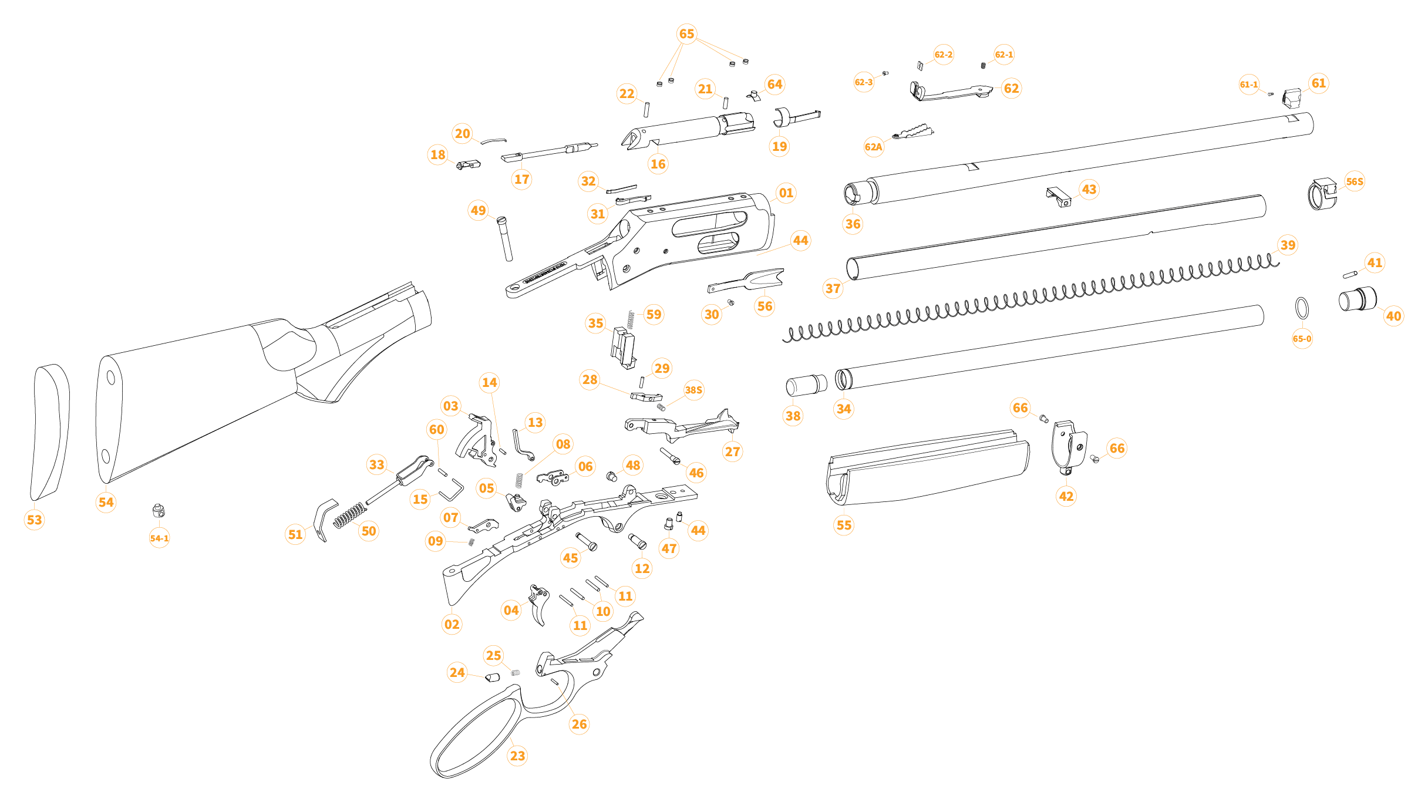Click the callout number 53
pos(34,520)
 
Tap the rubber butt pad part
pos(50,432)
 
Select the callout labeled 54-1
pos(159,538)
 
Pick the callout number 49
pos(478,210)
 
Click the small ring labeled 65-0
pos(1302,308)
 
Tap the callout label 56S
pos(1354,181)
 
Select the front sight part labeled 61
pos(1291,98)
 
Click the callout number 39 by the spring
pos(1288,245)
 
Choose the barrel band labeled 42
pos(1069,445)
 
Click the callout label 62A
pos(873,147)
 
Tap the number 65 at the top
pos(686,34)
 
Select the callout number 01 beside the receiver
pos(786,193)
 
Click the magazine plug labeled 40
pos(1357,299)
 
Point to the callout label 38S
pos(693,390)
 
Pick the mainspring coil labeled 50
pos(350,515)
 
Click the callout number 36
pos(853,224)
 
